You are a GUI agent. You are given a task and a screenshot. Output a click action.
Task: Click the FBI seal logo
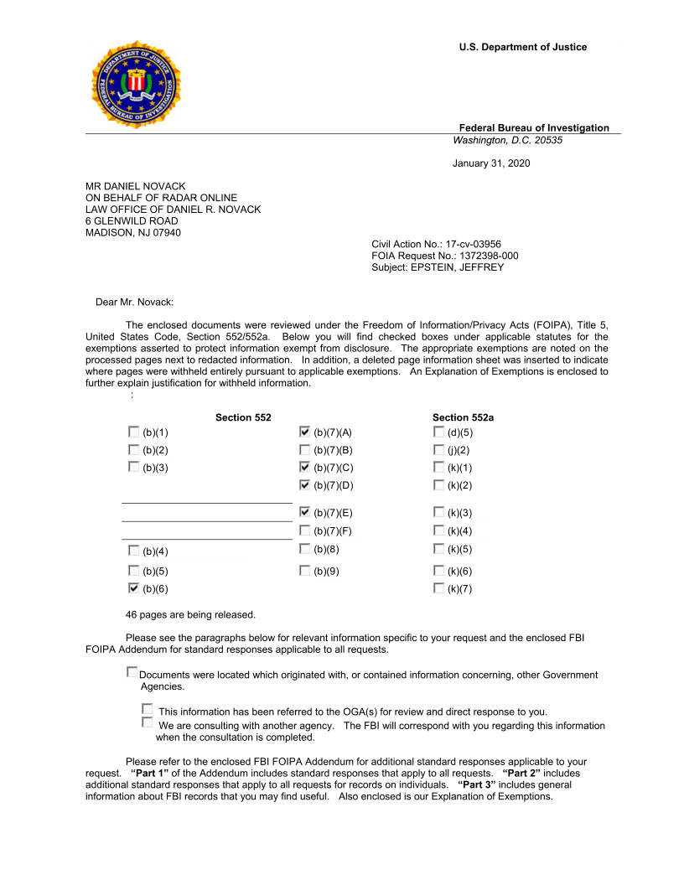click(x=135, y=85)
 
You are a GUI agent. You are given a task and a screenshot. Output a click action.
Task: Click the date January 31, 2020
click(x=491, y=163)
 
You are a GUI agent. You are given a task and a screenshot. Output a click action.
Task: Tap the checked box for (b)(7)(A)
click(x=304, y=432)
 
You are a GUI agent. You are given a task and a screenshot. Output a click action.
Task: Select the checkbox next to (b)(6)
click(x=133, y=588)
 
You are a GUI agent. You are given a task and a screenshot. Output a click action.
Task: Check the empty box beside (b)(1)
click(x=133, y=432)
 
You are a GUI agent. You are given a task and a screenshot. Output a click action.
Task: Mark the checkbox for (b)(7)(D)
click(x=304, y=484)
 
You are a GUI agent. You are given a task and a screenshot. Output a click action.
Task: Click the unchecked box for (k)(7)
click(x=438, y=588)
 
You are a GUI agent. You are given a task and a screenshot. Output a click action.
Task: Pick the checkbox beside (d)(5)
click(x=438, y=432)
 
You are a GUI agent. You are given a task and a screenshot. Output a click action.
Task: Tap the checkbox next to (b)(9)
click(x=304, y=571)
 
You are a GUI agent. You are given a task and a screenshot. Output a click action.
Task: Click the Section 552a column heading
click(x=463, y=417)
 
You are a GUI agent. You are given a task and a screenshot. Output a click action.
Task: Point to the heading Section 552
click(x=243, y=417)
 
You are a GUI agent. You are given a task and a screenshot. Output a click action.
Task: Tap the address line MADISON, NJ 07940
click(x=132, y=233)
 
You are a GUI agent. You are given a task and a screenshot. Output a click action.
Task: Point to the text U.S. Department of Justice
click(x=522, y=47)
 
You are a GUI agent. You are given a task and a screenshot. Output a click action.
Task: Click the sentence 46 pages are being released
click(x=190, y=615)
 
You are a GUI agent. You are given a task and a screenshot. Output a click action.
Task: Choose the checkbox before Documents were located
click(x=132, y=672)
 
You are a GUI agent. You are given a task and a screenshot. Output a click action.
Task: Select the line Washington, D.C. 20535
click(x=507, y=140)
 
